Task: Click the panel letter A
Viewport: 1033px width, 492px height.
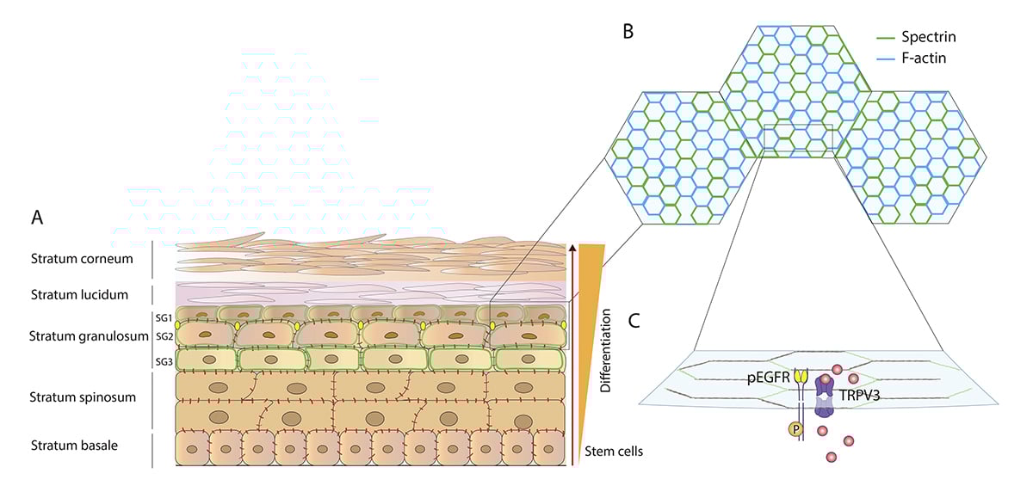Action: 37,218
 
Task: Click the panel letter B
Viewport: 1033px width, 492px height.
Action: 628,33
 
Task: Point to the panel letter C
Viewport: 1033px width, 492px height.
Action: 634,321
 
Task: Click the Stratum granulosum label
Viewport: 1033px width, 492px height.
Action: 84,336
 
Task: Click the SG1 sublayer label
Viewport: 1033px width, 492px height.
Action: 164,317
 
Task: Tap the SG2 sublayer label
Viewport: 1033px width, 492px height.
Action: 164,336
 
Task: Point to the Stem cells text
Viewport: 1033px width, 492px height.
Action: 613,451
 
